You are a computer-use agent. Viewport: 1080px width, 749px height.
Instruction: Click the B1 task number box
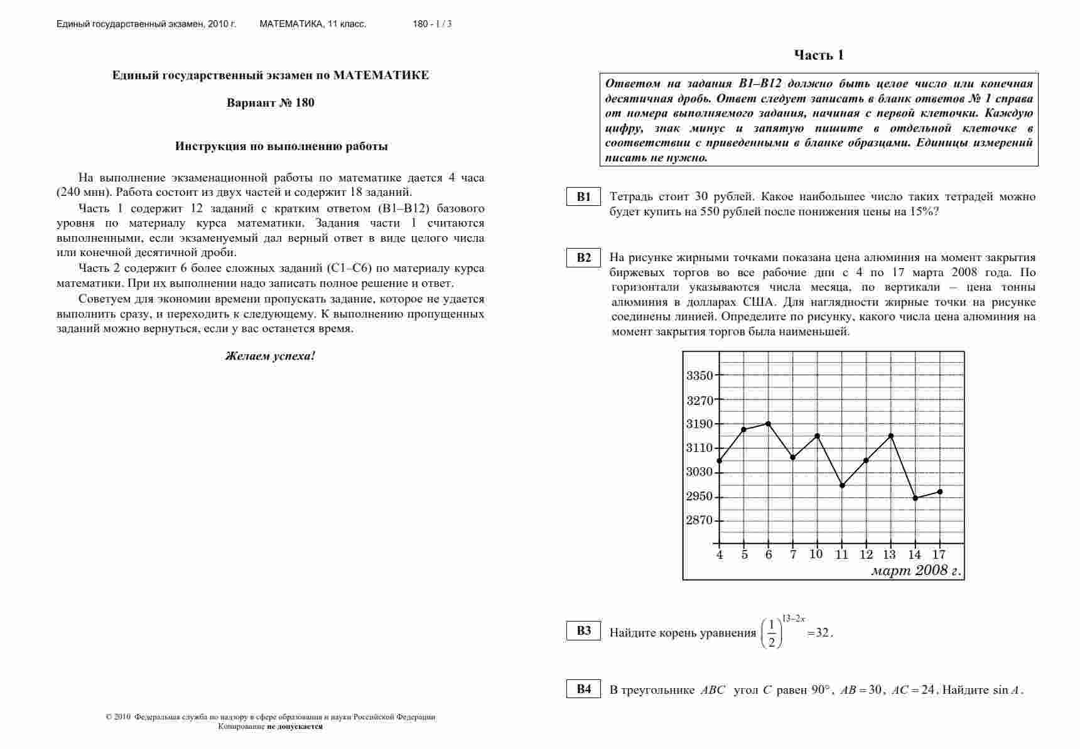click(x=584, y=197)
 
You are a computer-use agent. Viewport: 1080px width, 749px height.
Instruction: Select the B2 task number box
click(x=584, y=258)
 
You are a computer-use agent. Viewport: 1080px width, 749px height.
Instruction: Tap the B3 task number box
click(x=584, y=631)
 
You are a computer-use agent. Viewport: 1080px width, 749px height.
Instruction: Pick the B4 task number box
click(x=584, y=689)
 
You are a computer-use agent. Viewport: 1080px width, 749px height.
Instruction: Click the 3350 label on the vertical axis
click(x=699, y=376)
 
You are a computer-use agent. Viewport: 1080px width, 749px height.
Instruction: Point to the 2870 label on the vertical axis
click(x=699, y=520)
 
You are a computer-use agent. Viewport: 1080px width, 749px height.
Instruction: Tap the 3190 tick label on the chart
click(x=699, y=424)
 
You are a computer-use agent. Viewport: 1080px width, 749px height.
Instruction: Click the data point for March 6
click(x=768, y=424)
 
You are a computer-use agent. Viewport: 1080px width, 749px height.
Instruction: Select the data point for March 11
click(x=842, y=485)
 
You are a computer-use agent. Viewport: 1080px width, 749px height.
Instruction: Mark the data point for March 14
click(x=915, y=498)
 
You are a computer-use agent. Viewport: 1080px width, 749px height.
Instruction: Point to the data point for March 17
click(x=940, y=492)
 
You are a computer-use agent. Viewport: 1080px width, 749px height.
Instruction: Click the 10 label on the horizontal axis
click(x=816, y=554)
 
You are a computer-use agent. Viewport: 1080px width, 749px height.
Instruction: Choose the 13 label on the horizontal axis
click(x=890, y=554)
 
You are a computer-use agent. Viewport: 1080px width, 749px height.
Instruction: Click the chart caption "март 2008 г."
click(x=916, y=571)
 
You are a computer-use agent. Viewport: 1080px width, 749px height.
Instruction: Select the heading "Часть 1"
click(x=819, y=55)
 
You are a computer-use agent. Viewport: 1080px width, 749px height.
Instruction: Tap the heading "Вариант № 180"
click(x=271, y=103)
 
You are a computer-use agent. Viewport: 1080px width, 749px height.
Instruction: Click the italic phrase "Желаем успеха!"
click(x=271, y=356)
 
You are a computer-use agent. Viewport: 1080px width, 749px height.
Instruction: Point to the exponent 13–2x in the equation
click(x=794, y=618)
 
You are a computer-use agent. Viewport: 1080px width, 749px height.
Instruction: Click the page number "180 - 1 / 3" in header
click(x=432, y=24)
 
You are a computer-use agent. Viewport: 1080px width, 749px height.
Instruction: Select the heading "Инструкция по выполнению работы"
click(x=281, y=146)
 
